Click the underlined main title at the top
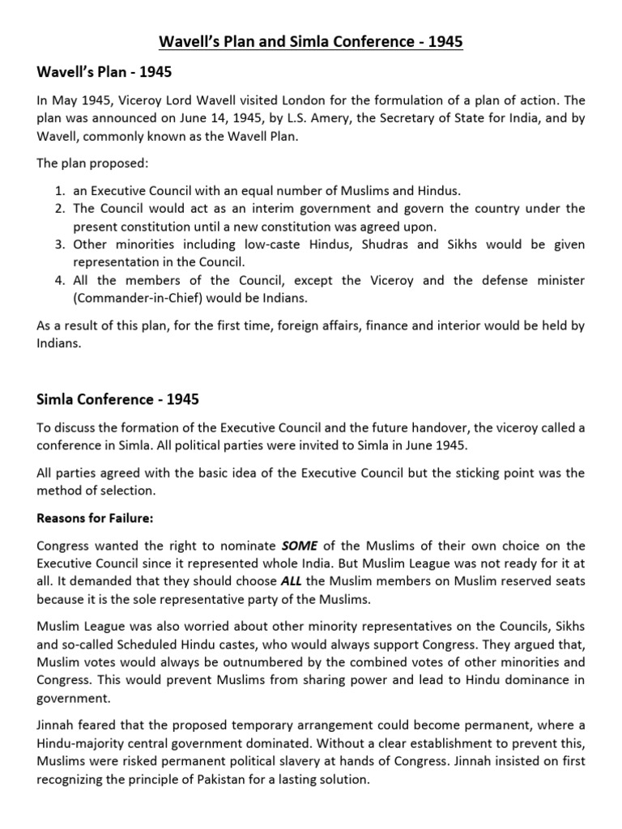click(311, 40)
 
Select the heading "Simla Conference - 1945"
click(117, 399)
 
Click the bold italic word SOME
click(299, 546)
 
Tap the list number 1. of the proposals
click(59, 191)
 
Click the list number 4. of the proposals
click(59, 280)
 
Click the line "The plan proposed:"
click(93, 163)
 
